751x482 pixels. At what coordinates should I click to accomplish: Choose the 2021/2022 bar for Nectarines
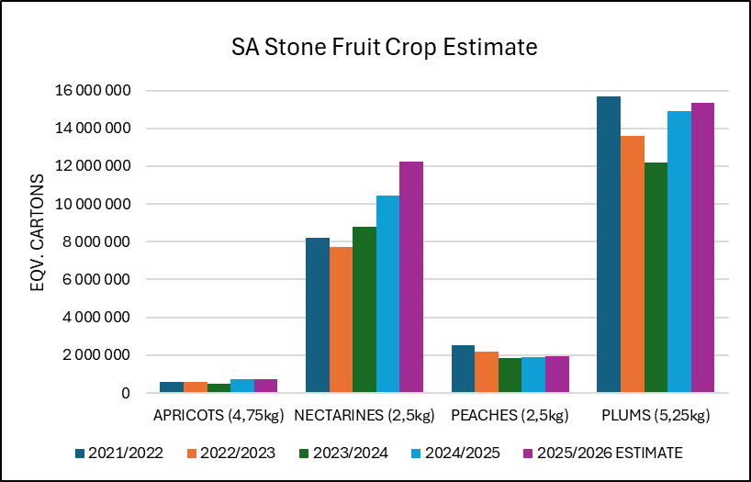(x=318, y=315)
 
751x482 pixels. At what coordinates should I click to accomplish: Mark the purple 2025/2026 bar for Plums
(x=703, y=248)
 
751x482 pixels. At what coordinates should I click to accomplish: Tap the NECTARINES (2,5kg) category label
(x=364, y=416)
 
